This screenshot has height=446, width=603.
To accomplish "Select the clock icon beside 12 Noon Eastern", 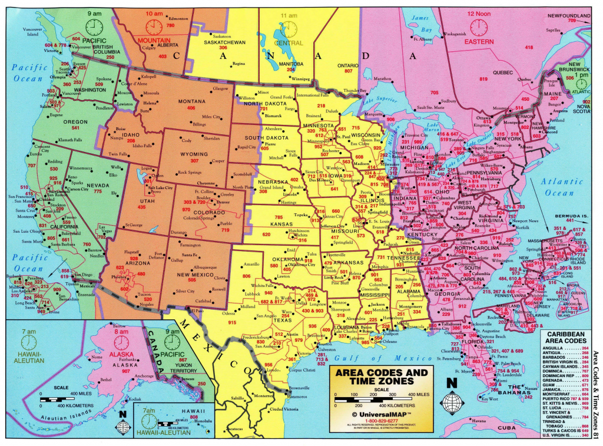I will point(478,27).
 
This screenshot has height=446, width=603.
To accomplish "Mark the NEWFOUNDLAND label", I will point(568,15).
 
